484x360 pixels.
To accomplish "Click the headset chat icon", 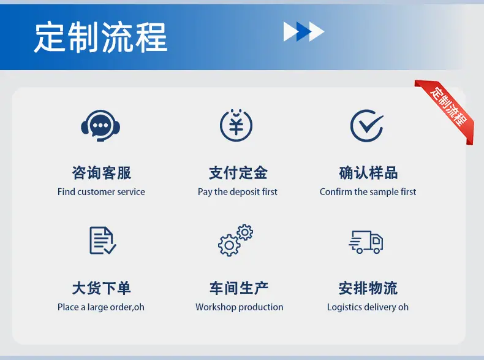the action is (100, 126).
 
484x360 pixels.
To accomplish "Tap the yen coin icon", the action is (236, 125).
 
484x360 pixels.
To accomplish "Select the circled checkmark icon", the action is (367, 126).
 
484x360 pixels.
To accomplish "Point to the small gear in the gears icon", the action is (245, 232).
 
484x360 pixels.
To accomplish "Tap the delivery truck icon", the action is (366, 242).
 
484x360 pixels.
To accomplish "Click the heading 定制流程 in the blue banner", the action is (100, 37).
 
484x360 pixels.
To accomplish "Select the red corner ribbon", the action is (446, 110).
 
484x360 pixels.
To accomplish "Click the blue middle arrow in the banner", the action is (304, 31).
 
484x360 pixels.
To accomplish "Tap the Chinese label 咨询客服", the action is (102, 173).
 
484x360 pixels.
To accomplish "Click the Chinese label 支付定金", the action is (238, 173).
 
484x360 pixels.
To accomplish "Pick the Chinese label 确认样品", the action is (368, 173).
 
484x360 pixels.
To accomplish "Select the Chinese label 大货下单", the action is (102, 288).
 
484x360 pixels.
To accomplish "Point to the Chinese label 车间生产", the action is (239, 288).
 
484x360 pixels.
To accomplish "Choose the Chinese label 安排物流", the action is (368, 288).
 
